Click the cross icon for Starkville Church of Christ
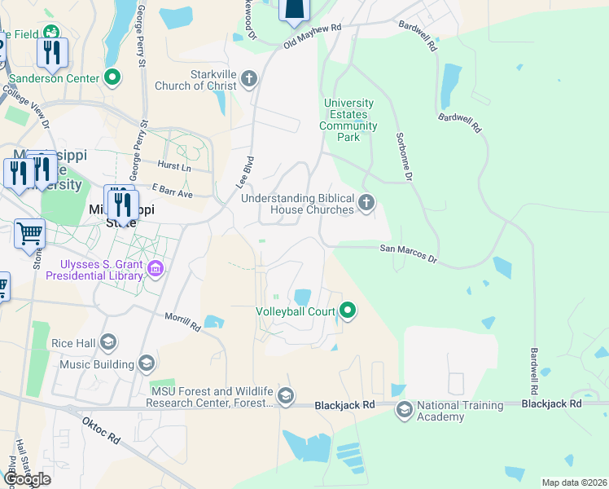[249, 79]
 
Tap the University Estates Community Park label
[348, 121]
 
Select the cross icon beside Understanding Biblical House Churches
[366, 202]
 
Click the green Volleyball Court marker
[348, 311]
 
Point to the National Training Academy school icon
[404, 410]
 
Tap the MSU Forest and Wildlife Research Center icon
[285, 396]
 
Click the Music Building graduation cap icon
[147, 362]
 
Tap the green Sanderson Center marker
[112, 78]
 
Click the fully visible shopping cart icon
[29, 234]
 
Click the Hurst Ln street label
[174, 166]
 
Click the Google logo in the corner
[26, 479]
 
